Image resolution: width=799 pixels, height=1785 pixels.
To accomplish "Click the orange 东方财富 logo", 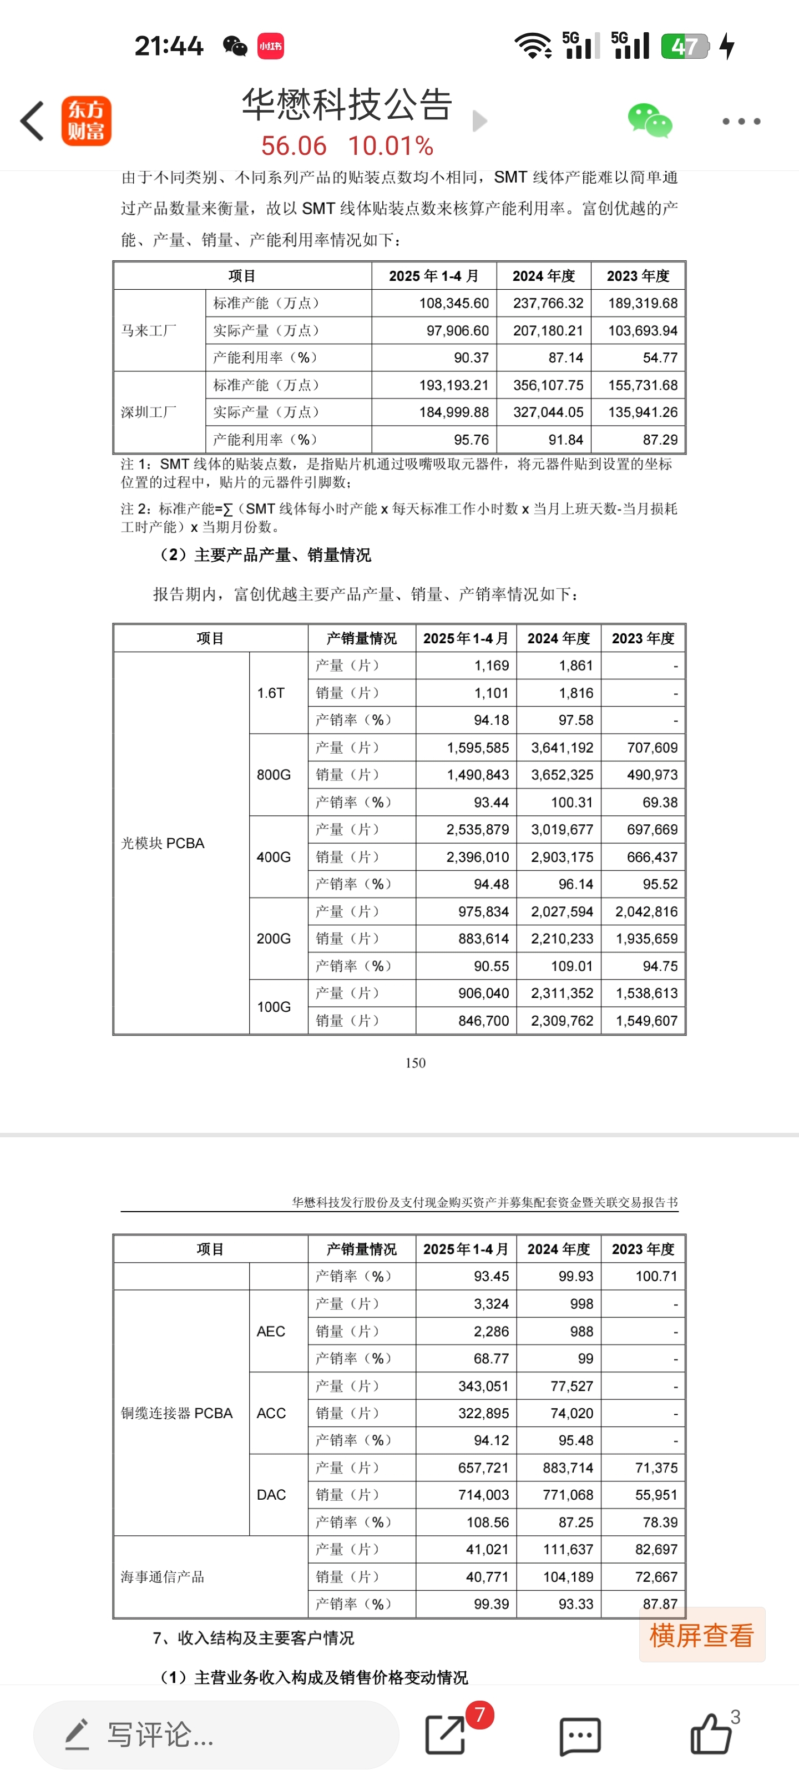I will coord(87,121).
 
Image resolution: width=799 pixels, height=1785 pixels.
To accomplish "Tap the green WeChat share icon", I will coord(649,121).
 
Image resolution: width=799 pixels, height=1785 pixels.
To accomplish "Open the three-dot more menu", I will coord(741,121).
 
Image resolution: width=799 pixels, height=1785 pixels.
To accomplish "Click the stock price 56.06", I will coord(294,146).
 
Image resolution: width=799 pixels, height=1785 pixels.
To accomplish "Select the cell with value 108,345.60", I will coord(454,303).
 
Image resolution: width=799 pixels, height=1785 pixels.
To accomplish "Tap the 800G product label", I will coord(274,775).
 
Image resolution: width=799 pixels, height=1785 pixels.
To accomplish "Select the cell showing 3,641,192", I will coord(562,748).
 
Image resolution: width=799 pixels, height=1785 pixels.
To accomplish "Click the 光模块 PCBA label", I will coord(163,843).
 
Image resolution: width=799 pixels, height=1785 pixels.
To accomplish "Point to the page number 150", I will coord(415,1063).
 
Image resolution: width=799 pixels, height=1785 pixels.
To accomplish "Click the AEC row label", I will coord(271,1331).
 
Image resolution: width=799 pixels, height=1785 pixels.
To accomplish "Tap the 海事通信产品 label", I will coord(163,1577).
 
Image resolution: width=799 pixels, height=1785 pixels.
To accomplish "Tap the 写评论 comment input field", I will coord(215,1735).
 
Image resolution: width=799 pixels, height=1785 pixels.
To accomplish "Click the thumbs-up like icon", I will coord(711,1734).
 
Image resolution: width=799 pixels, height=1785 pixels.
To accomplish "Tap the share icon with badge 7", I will coord(445,1735).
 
